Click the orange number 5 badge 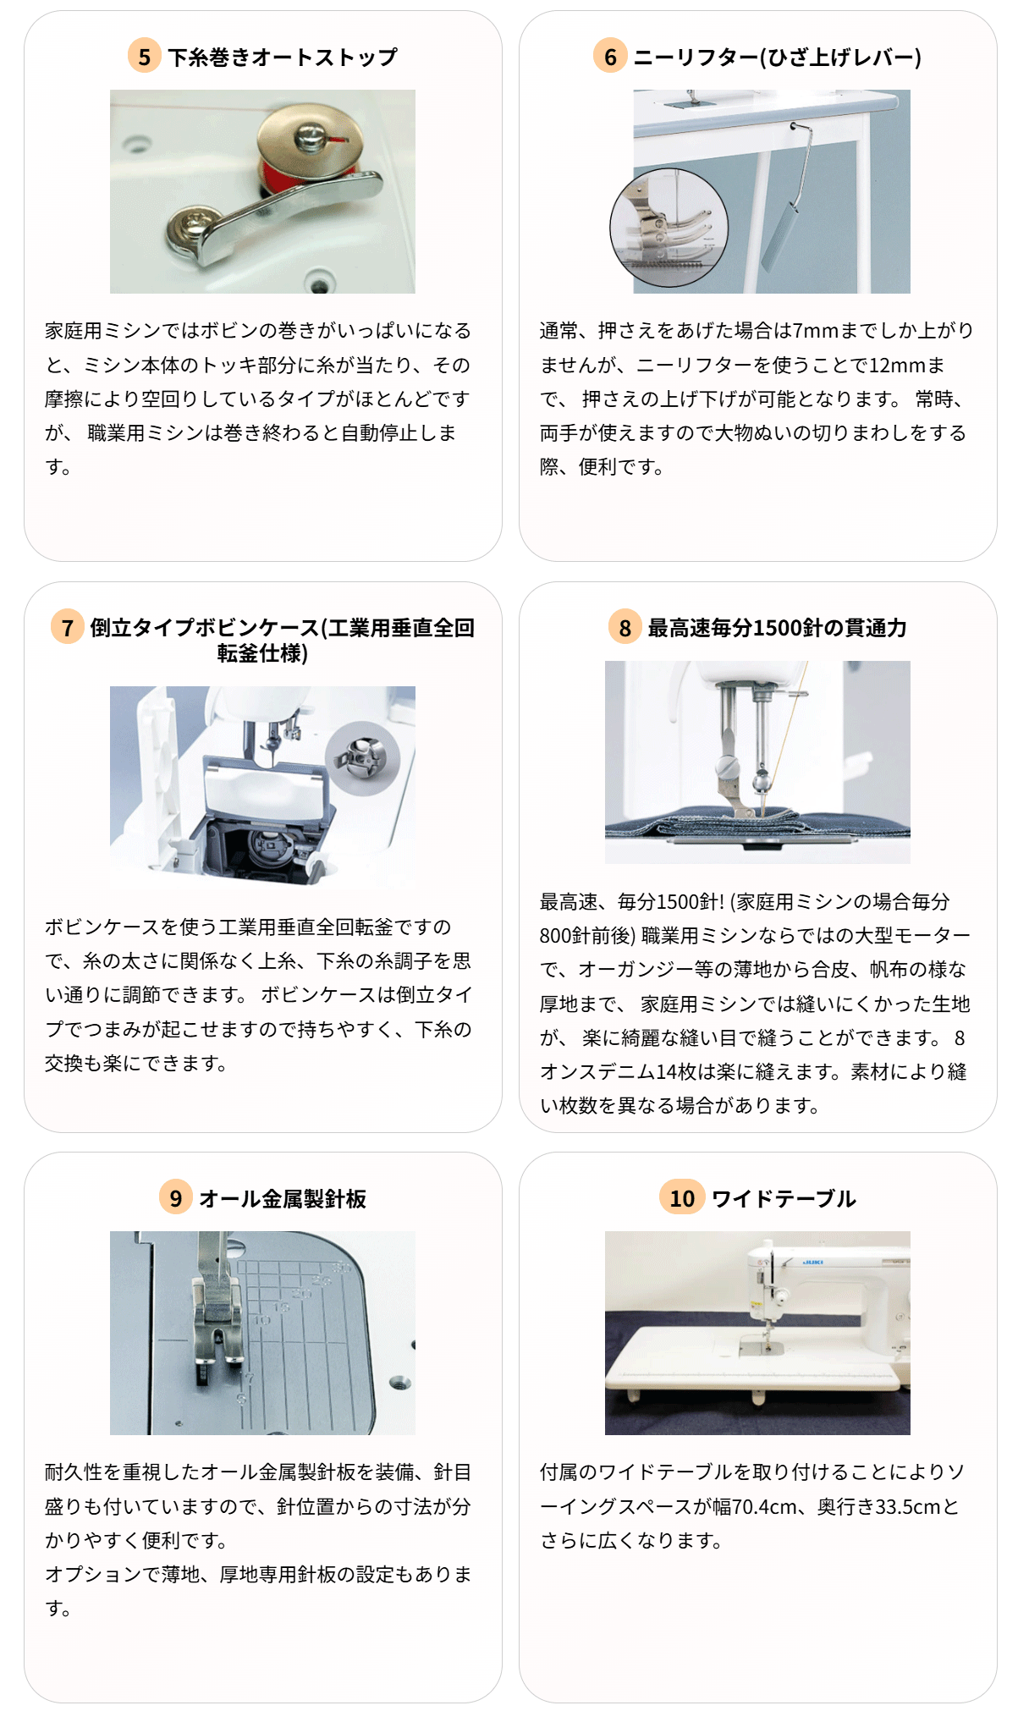coord(145,57)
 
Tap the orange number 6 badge coord(610,57)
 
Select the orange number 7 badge coord(68,628)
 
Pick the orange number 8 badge coord(625,628)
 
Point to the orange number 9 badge coord(176,1198)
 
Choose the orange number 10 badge coord(682,1198)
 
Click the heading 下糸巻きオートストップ coord(283,58)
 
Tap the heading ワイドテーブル coord(784,1198)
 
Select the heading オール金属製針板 coord(283,1198)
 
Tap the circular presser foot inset coord(669,227)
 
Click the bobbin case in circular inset coord(363,757)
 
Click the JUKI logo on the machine coord(813,1262)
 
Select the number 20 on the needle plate coord(301,1293)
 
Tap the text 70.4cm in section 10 coord(765,1507)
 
